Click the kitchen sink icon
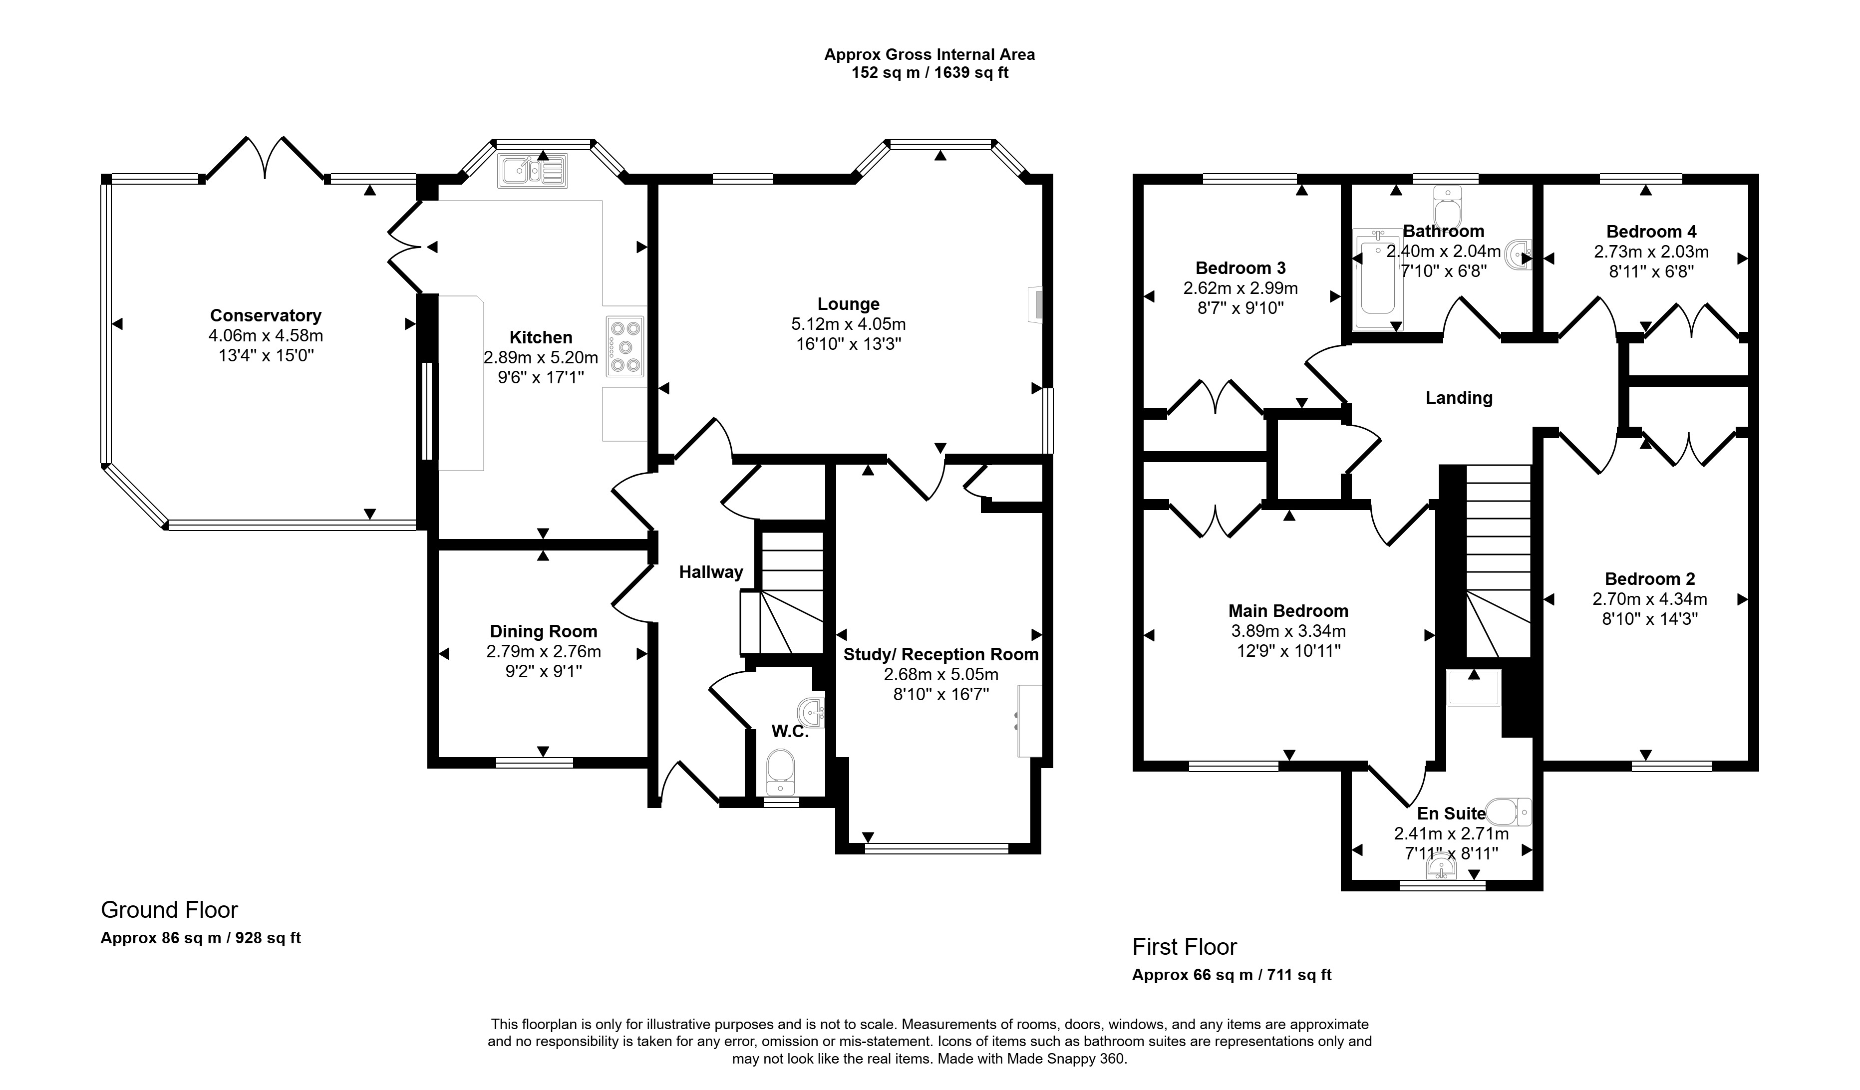pos(532,171)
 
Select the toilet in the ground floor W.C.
pos(780,771)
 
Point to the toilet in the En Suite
pos(1508,812)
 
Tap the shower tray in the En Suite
pos(1473,688)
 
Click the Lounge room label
pos(848,304)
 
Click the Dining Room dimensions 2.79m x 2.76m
pos(543,652)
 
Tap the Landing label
pos(1459,398)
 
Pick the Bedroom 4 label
pos(1651,232)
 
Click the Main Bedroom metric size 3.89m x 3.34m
pos(1288,631)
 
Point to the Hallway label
pos(711,572)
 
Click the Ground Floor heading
pos(169,910)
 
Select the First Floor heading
pos(1185,947)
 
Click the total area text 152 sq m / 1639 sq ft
pos(930,72)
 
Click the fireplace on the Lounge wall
pos(1036,304)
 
